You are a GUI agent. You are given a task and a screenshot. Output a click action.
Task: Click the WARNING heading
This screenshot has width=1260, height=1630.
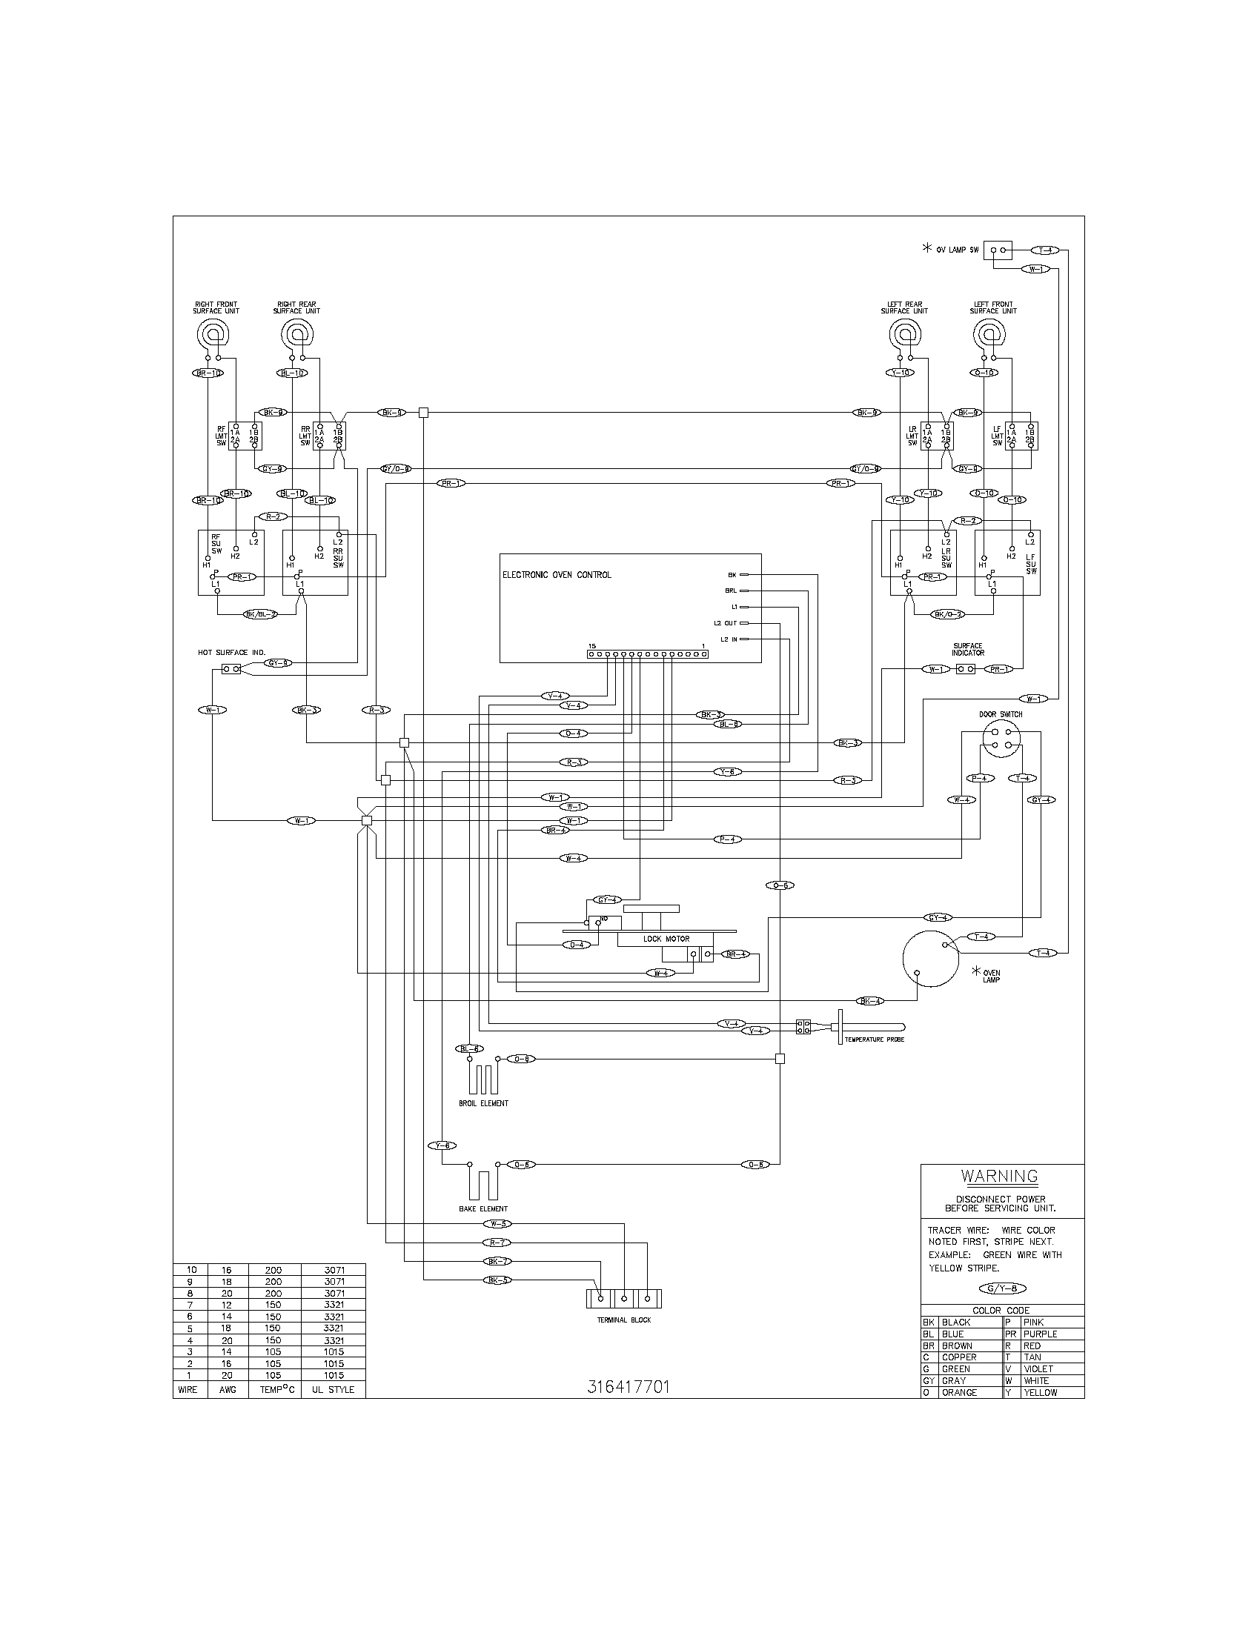pos(1000,1177)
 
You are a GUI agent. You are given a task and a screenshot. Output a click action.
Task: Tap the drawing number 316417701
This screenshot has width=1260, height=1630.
pos(629,1387)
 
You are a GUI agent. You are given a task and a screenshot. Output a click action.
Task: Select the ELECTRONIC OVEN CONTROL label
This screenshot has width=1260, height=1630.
pos(556,575)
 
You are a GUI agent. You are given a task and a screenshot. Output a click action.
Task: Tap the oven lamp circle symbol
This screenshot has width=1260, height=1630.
pos(930,959)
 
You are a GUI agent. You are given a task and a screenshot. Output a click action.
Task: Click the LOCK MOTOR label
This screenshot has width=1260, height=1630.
pos(666,939)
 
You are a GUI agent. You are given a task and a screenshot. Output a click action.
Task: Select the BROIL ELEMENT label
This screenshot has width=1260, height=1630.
pos(484,1103)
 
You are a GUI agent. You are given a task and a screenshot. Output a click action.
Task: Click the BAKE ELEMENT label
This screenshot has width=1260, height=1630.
pos(483,1208)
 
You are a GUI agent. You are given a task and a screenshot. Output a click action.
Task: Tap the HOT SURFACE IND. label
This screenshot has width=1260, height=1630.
pos(231,652)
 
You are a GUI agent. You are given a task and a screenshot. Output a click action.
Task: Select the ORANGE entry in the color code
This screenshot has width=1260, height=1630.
pos(959,1393)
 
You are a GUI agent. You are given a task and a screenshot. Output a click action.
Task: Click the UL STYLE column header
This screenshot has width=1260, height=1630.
pos(333,1390)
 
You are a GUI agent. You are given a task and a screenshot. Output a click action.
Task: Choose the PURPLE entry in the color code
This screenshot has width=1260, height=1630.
pos(1040,1334)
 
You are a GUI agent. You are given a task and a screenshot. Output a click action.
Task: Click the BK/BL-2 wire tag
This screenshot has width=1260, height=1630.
pos(260,614)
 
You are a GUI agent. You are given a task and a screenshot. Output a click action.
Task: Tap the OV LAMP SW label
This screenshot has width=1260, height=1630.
pos(957,250)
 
